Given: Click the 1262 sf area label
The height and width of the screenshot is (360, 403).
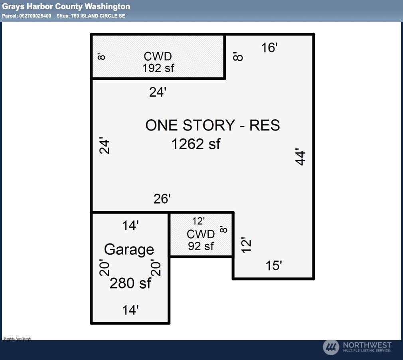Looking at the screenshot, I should coord(196,144).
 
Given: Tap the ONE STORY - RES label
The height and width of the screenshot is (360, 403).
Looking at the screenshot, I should coord(212,125).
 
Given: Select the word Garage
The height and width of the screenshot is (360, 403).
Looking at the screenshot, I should coord(129,249).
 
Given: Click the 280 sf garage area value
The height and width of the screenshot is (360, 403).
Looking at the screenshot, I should coord(130,283).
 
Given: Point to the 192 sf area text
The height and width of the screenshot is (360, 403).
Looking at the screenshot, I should coord(158,68).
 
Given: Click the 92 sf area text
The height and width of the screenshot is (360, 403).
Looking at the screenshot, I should coord(201,246).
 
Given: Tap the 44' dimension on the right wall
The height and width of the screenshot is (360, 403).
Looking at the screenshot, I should coord(300,157).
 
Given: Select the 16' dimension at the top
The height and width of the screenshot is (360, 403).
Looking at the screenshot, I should coord(269,48).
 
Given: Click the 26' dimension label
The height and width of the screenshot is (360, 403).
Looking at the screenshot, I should coord(162,199).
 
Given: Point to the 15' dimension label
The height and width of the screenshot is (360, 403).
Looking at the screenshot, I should coord(274,265).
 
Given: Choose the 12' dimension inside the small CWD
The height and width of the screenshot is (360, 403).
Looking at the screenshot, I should coord(198,221).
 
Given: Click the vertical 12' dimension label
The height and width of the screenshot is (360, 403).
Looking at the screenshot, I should coord(247,245).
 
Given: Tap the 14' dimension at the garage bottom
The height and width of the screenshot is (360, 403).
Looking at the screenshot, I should coord(130,310).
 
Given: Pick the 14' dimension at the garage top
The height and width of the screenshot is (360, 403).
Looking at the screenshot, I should coord(130,225).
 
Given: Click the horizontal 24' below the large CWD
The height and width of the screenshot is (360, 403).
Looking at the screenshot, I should coord(158,93).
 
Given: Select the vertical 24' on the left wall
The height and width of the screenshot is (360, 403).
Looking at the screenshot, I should coord(104,146).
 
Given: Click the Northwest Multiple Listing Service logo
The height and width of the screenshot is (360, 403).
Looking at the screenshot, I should coord(357,347).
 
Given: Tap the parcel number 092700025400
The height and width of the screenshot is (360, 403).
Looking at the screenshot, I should coord(35,16).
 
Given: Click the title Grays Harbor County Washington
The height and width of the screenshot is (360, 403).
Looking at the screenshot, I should coord(66,6).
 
